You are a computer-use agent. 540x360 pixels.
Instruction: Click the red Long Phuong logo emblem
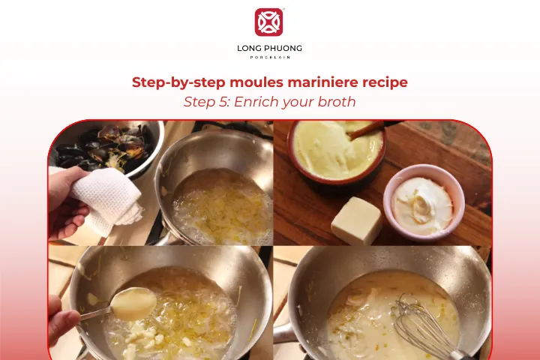268,22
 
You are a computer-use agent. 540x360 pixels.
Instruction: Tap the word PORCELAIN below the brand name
270,57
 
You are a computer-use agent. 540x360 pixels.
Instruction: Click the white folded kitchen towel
106,199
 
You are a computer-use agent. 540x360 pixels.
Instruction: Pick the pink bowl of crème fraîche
424,202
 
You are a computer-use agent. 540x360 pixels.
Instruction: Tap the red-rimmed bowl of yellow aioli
337,151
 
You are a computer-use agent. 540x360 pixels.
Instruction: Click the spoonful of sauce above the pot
133,303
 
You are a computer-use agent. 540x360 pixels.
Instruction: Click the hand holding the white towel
66,203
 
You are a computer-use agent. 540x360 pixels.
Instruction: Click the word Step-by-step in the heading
178,83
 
